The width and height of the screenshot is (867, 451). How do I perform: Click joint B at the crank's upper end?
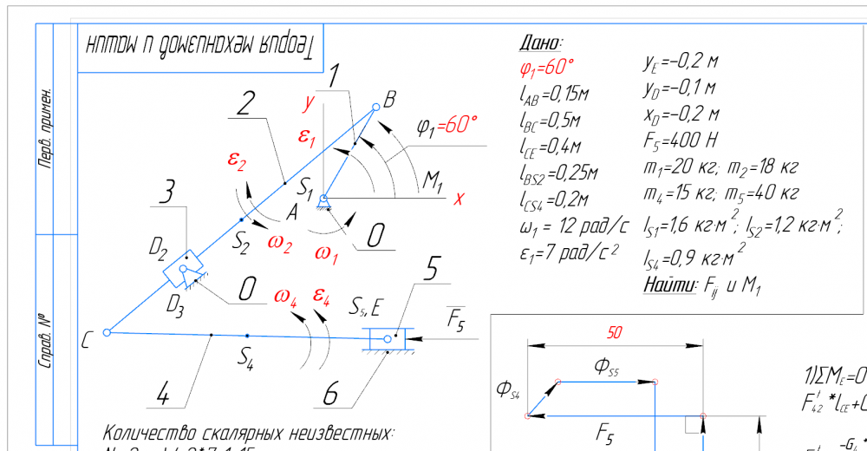tap(376, 107)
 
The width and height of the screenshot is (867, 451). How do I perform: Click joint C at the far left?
tap(107, 331)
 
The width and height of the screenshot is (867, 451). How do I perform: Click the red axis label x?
tap(459, 199)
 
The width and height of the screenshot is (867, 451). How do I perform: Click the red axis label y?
tap(308, 102)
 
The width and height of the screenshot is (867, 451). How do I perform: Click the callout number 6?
tap(331, 395)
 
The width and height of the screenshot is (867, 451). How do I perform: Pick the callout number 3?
tap(168, 193)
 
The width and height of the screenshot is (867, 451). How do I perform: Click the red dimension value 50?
tap(613, 332)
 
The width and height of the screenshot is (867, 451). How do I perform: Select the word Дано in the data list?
tap(540, 43)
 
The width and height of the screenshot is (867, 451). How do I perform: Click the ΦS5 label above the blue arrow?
tap(607, 367)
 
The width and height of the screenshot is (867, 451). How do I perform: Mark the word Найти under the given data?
tap(670, 284)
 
